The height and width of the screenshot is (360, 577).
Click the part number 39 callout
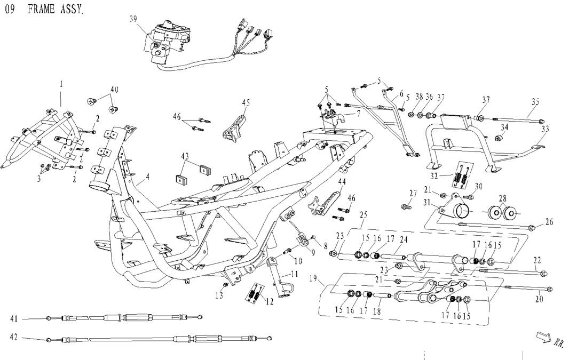(x=133, y=19)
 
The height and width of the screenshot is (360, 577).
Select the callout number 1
(x=61, y=84)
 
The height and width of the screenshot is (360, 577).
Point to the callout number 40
(x=114, y=89)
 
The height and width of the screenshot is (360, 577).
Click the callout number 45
(x=246, y=102)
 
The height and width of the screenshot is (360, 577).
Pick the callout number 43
(x=185, y=156)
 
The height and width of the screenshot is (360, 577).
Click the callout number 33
(x=544, y=129)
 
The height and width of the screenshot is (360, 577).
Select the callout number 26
(x=549, y=221)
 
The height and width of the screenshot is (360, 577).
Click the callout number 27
(x=413, y=193)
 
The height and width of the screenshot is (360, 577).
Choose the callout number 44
(x=342, y=182)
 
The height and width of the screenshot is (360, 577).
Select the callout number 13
(x=219, y=295)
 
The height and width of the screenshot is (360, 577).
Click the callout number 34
(x=505, y=127)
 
